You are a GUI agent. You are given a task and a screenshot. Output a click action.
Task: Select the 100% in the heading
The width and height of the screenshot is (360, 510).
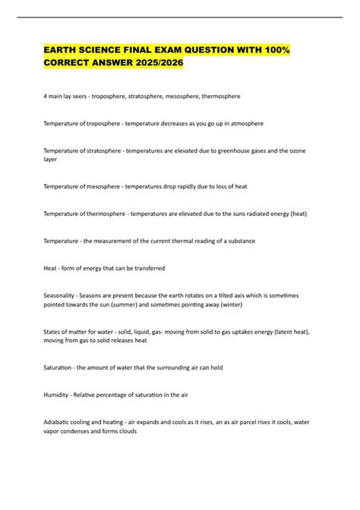276,49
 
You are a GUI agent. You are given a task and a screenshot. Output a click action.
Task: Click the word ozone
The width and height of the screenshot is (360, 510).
314,150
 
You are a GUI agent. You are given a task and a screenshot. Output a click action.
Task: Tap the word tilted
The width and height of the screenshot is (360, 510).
245,295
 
